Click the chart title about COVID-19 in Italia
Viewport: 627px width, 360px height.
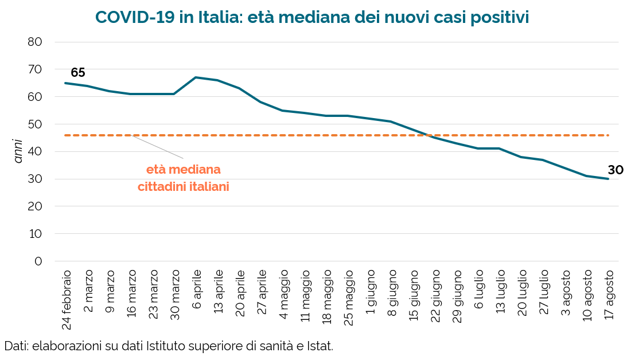click(312, 17)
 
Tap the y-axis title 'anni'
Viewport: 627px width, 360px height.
click(18, 151)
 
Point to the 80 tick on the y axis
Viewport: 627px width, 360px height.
click(35, 42)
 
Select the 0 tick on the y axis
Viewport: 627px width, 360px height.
click(38, 261)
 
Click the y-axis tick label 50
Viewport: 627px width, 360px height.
click(35, 124)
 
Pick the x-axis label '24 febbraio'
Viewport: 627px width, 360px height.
click(67, 300)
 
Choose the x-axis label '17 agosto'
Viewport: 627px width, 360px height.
click(608, 295)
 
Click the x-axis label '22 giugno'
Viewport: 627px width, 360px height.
click(435, 296)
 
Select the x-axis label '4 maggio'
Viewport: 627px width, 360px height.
click(283, 295)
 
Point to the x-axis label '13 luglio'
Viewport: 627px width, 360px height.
click(500, 292)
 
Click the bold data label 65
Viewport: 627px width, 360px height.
click(78, 73)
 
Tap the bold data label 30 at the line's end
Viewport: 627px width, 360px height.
click(616, 170)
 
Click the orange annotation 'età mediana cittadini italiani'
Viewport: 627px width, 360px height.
click(184, 178)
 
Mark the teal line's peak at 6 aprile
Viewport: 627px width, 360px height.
click(195, 77)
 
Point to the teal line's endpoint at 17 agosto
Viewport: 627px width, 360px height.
click(609, 179)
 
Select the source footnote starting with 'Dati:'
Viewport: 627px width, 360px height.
click(169, 346)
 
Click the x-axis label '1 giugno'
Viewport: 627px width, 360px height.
click(370, 292)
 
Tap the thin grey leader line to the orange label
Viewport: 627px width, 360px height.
click(157, 147)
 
